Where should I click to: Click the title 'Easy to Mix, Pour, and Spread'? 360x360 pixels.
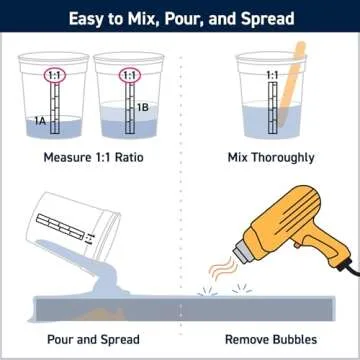pos(180,17)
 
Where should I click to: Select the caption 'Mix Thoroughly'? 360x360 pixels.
pos(271,158)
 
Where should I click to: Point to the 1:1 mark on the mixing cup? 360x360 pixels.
pos(272,75)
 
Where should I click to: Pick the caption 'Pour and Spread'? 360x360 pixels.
pos(93,340)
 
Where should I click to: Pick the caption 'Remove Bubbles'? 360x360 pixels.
pos(271,340)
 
